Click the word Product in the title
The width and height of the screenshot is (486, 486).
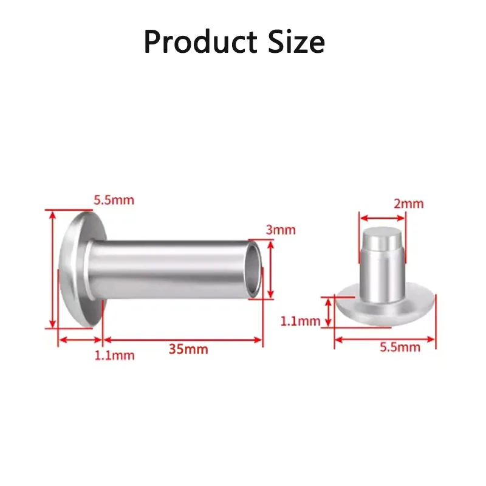[x=200, y=42]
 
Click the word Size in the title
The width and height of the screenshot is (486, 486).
[x=296, y=42]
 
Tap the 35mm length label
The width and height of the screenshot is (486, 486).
[x=188, y=349]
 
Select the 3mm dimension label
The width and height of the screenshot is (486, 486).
[x=281, y=230]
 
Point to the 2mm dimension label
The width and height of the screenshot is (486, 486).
[x=408, y=204]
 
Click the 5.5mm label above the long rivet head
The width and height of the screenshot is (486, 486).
[x=114, y=200]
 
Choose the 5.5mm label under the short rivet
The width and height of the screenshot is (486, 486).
[x=400, y=347]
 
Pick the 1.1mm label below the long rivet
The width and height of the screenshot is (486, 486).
[x=114, y=355]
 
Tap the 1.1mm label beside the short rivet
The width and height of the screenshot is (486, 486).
[x=300, y=321]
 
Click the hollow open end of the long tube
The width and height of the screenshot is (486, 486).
[x=253, y=269]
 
